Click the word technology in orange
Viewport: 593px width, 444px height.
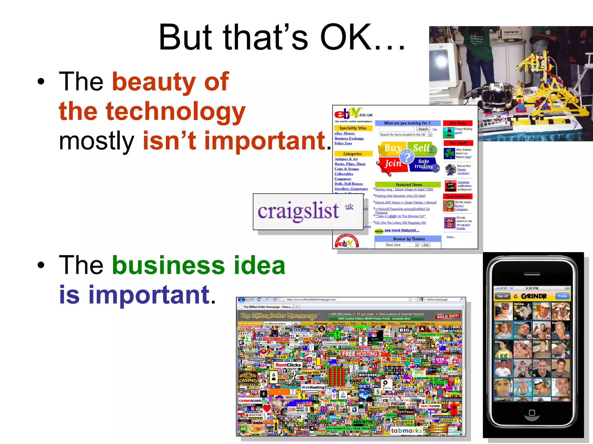point(175,111)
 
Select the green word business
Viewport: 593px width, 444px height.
point(168,265)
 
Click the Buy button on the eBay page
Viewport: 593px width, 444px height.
point(392,148)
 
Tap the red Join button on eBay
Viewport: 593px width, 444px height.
point(392,164)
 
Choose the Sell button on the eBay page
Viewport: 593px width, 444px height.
point(422,148)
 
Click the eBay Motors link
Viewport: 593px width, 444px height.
point(345,134)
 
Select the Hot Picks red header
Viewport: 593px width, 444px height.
point(458,123)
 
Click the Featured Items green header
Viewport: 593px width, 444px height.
point(409,185)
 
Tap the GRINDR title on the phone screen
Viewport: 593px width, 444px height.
point(533,296)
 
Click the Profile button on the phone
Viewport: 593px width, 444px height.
point(562,296)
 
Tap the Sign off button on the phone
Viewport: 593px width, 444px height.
point(502,296)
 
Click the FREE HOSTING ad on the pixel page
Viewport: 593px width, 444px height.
point(360,354)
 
